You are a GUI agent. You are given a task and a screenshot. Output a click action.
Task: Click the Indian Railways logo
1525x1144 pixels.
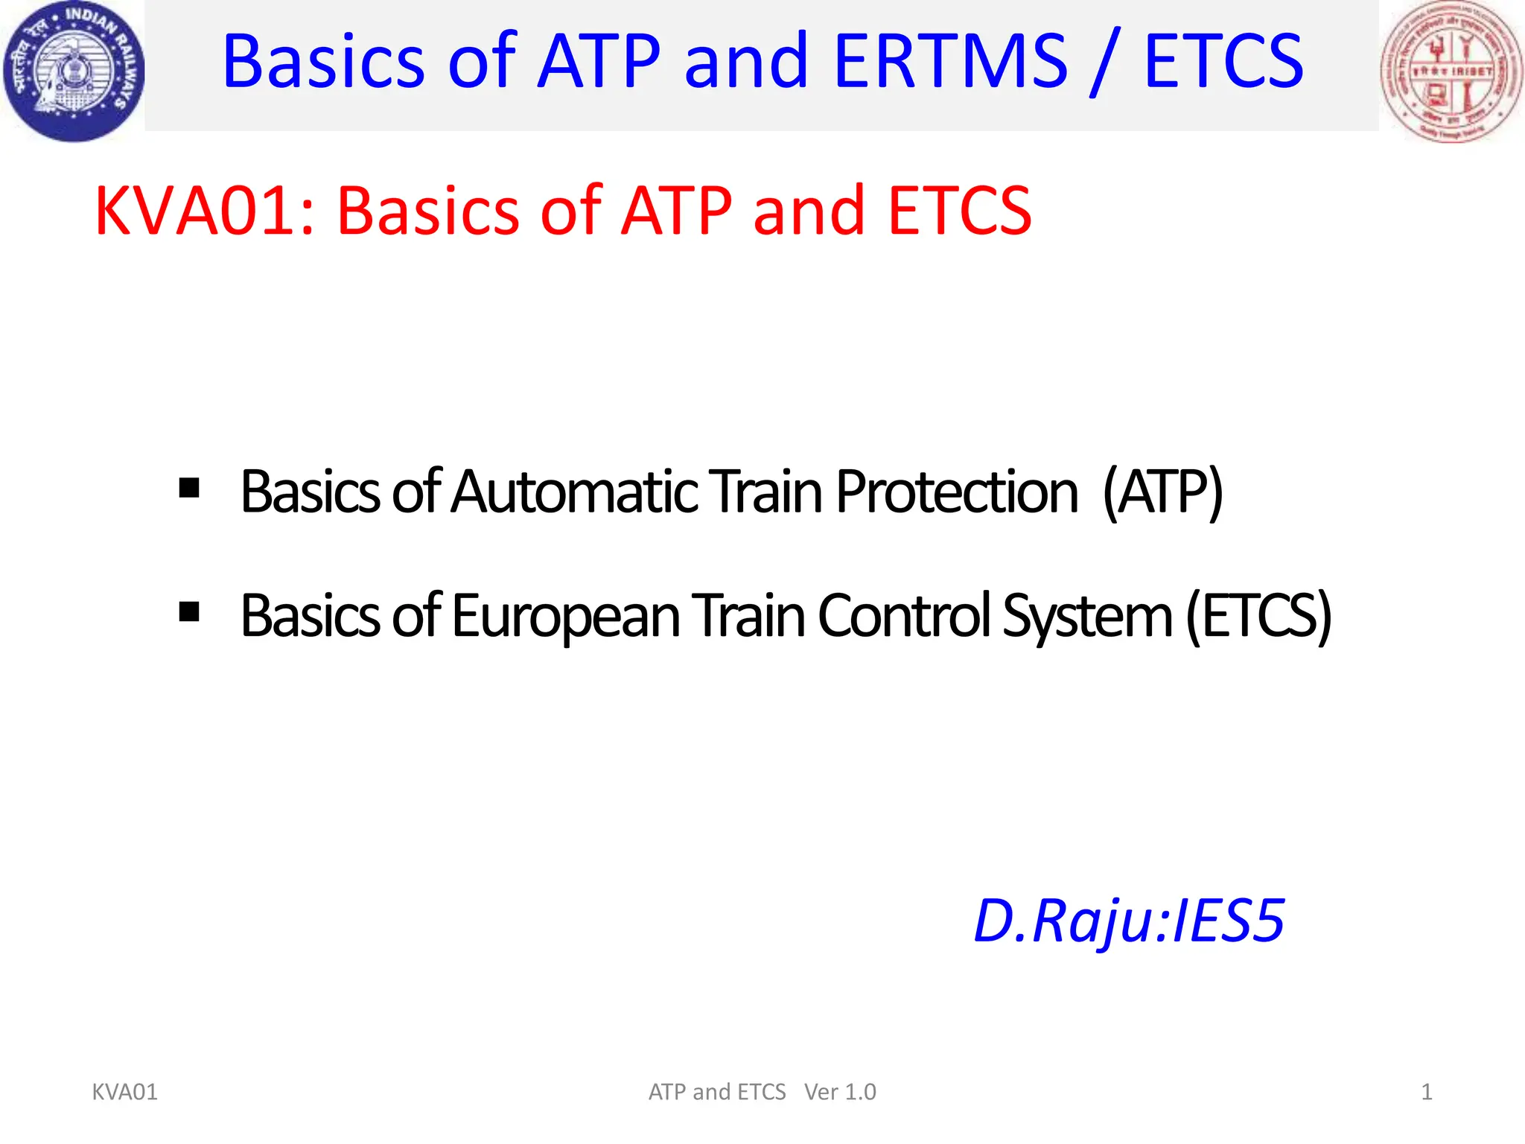click(x=73, y=71)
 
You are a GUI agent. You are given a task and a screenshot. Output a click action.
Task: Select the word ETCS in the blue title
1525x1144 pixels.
click(x=1223, y=61)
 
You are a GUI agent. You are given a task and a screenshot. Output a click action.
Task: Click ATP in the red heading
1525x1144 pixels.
click(x=676, y=212)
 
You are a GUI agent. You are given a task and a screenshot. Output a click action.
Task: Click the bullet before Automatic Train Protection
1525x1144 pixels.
click(x=189, y=489)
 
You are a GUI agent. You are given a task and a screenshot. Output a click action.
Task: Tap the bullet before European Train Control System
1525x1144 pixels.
click(x=189, y=612)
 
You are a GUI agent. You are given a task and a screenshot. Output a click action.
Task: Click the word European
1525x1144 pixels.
click(x=565, y=617)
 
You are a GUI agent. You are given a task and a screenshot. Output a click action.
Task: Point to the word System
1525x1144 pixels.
click(x=1087, y=617)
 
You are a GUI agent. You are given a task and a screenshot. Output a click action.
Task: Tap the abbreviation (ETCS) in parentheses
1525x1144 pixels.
click(x=1258, y=617)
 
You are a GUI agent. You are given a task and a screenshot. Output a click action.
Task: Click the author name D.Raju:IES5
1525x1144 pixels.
click(x=1129, y=922)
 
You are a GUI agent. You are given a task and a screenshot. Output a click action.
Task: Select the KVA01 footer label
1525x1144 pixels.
click(x=124, y=1092)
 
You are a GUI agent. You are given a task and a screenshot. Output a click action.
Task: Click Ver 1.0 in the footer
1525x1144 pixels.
click(x=840, y=1092)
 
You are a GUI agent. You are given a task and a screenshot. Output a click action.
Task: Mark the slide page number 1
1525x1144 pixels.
click(x=1427, y=1092)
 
